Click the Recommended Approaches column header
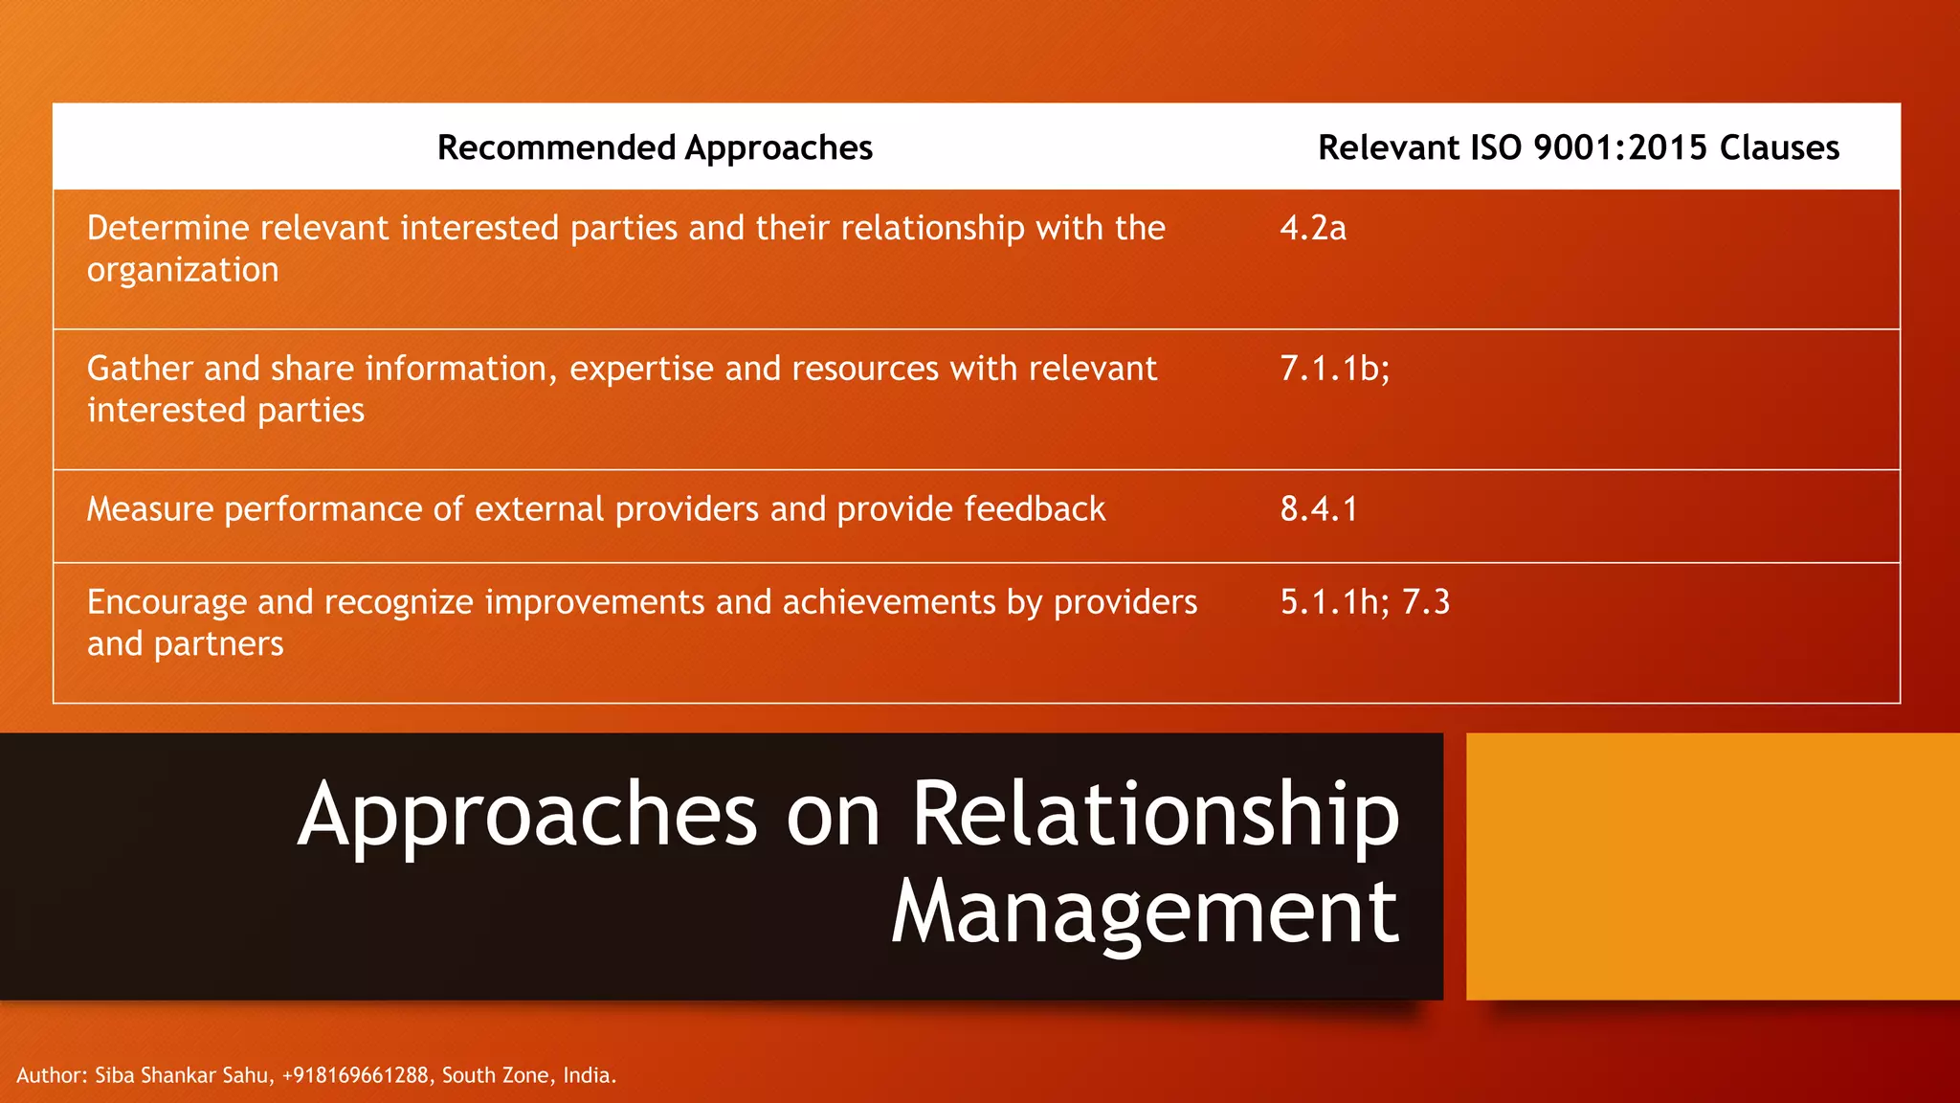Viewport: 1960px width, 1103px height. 655,147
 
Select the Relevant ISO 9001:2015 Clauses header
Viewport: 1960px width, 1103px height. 1578,147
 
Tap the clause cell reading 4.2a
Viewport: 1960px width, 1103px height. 1313,228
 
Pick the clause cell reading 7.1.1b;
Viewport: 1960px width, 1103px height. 1334,369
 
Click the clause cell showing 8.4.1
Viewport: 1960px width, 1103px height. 1319,508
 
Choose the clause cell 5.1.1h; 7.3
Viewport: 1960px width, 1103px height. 1365,601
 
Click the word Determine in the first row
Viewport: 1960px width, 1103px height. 168,228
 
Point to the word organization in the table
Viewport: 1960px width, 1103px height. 183,271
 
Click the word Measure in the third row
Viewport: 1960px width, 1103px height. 150,508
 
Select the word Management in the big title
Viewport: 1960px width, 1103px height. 1145,912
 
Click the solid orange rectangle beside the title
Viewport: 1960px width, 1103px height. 1712,867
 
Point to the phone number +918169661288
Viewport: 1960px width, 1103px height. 355,1075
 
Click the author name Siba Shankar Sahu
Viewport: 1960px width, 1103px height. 182,1075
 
